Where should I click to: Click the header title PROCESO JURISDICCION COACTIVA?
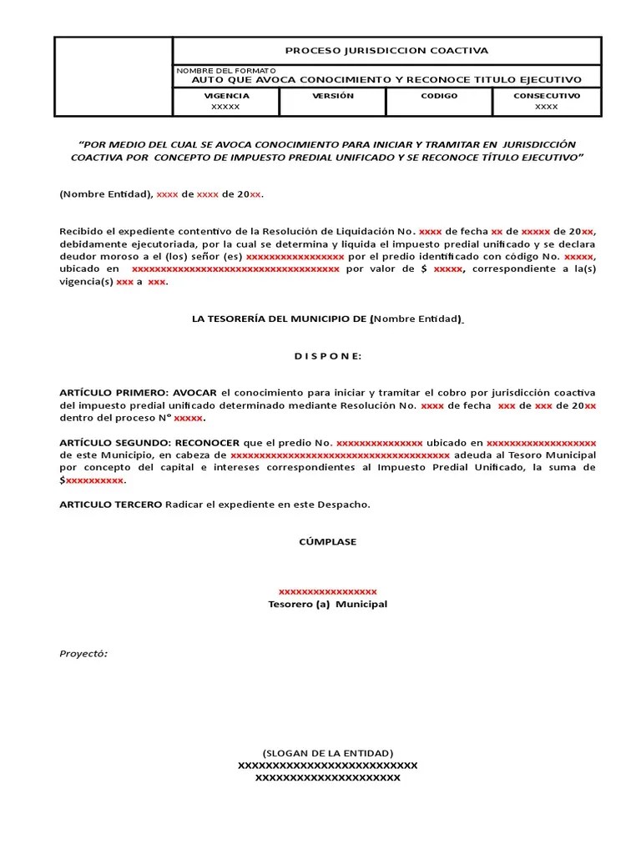(386, 51)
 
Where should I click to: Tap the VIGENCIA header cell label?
(225, 96)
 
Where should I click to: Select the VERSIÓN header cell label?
(333, 96)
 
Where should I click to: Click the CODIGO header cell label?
(439, 96)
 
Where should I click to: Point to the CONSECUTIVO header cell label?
(547, 96)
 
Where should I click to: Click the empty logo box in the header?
(114, 77)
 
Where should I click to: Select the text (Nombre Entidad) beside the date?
(105, 194)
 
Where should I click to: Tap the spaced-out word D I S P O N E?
(327, 356)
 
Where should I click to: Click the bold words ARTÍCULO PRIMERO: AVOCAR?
(139, 392)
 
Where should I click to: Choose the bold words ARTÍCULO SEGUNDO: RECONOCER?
(149, 442)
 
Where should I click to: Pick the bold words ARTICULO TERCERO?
(111, 505)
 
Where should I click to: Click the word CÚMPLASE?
(327, 542)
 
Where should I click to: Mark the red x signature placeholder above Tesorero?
(327, 590)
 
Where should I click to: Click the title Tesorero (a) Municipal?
(327, 604)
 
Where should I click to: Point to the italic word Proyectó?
(83, 654)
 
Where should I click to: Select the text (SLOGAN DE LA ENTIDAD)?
(327, 752)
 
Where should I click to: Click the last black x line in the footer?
(327, 778)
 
